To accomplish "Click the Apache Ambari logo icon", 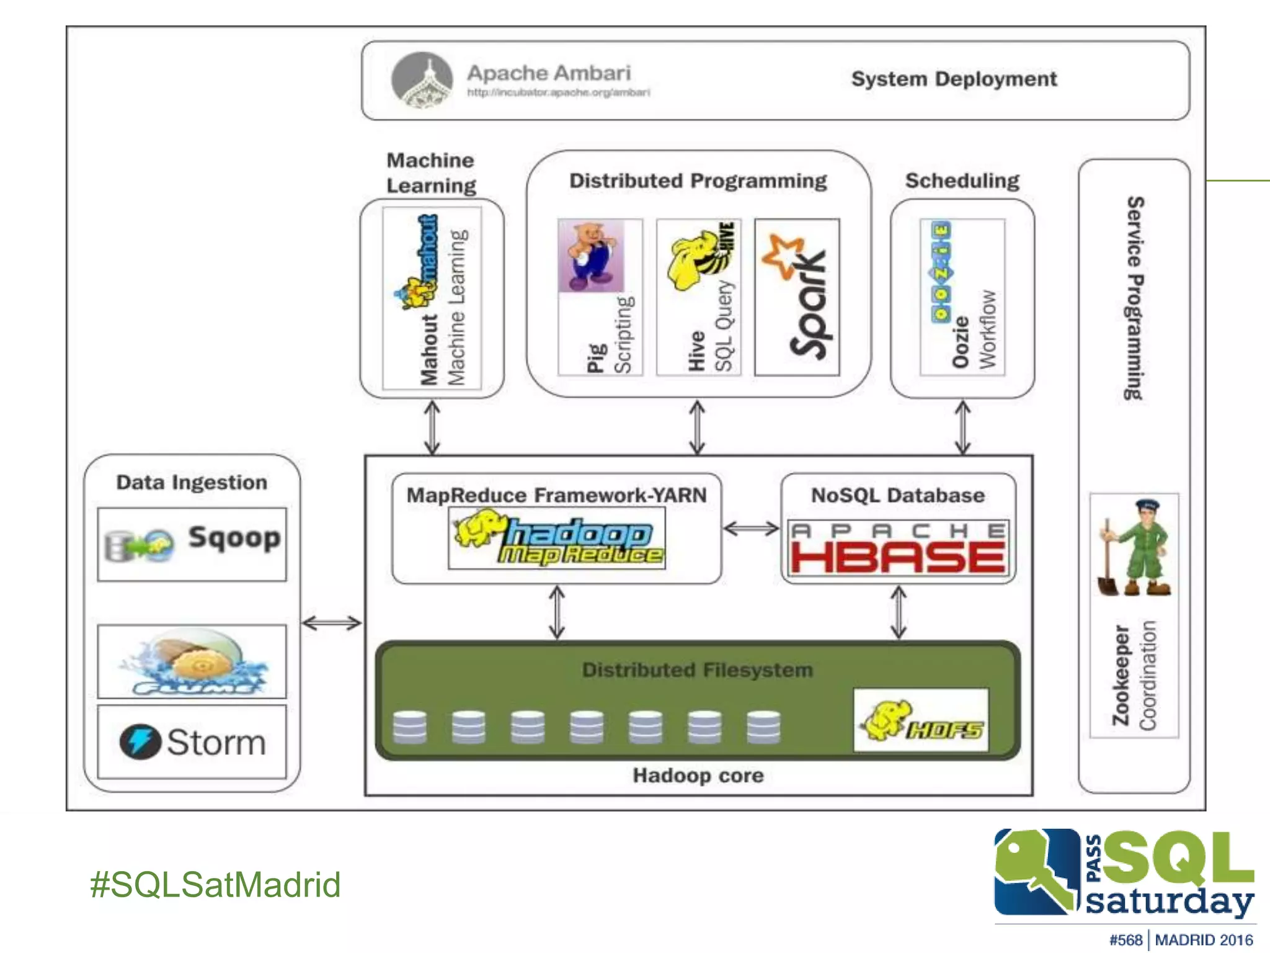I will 422,80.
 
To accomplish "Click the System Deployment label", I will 953,79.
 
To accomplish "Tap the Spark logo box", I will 797,297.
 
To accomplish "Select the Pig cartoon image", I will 592,255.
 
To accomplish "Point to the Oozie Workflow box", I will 962,297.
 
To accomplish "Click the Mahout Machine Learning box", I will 432,298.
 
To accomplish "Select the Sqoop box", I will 192,544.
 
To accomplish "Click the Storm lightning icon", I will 140,741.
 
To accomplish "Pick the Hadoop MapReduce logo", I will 557,538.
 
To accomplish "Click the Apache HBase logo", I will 898,548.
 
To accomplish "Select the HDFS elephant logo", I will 921,720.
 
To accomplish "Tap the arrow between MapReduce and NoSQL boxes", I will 751,529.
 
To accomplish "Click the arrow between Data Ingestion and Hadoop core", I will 332,622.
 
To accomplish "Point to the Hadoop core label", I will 698,775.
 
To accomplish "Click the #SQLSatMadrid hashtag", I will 215,884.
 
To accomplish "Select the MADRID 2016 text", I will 1204,940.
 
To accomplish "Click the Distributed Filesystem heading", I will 697,670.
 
